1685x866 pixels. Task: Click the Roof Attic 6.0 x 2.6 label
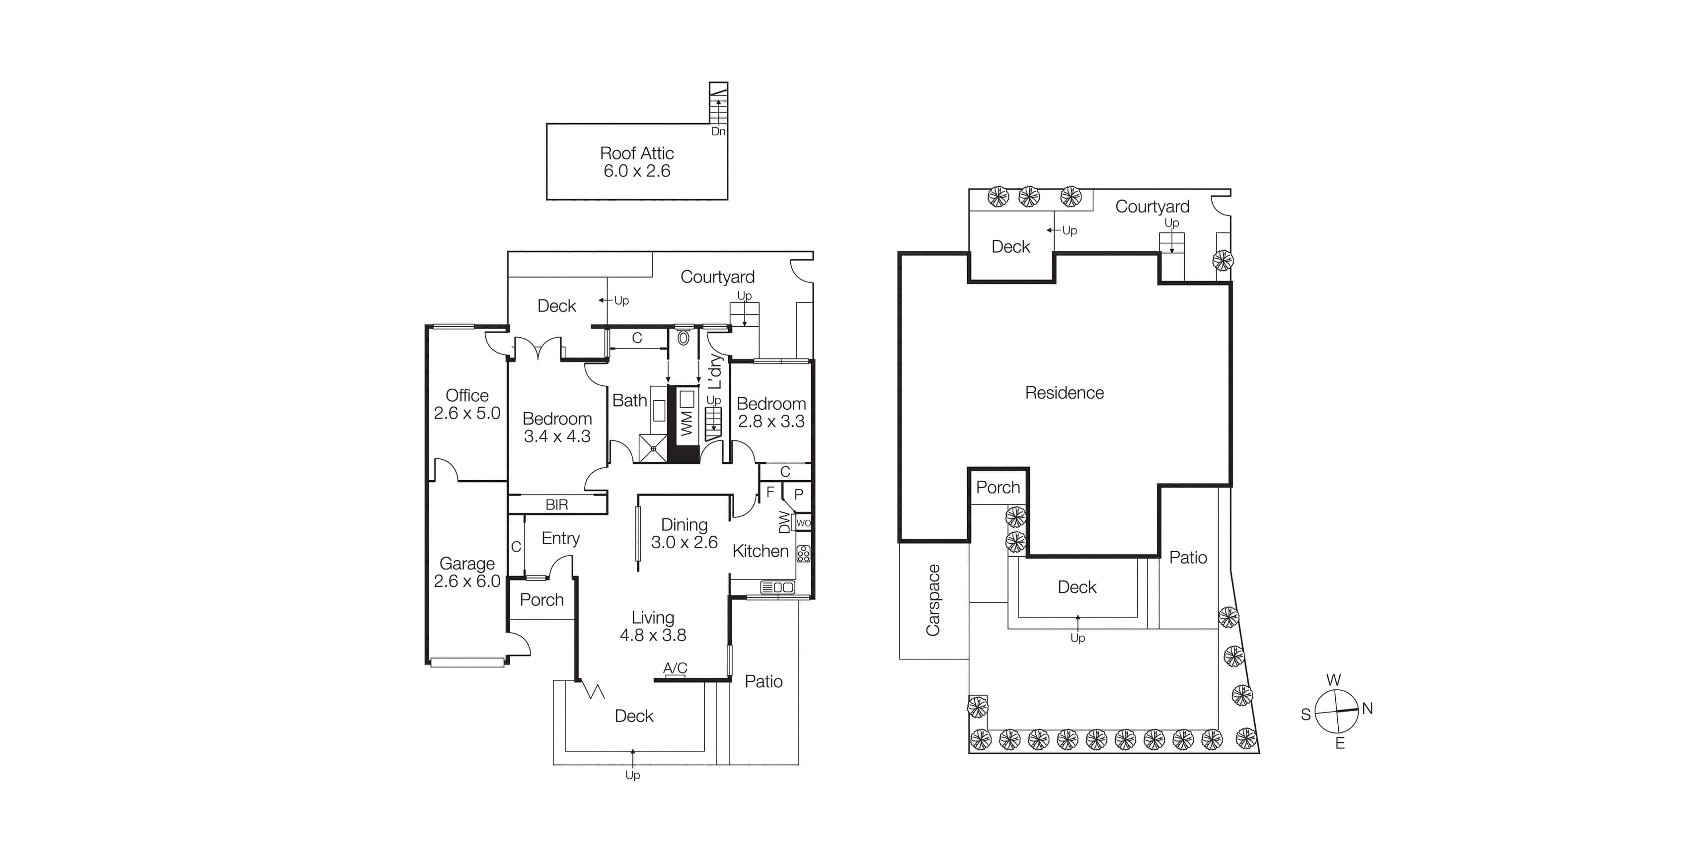[x=636, y=161]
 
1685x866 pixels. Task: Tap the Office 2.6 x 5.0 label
[x=466, y=404]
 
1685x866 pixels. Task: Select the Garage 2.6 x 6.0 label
[x=466, y=573]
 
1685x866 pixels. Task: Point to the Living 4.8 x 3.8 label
[x=652, y=626]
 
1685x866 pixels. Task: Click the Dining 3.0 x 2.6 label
[x=684, y=533]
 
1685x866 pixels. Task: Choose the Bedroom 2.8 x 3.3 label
[x=770, y=412]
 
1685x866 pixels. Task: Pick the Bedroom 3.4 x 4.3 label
[x=557, y=427]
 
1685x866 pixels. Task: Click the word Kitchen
[x=760, y=551]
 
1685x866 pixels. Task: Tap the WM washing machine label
[x=686, y=423]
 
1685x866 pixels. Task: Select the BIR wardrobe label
[x=557, y=505]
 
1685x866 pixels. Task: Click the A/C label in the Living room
[x=675, y=668]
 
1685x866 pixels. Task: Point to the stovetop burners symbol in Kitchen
[x=803, y=553]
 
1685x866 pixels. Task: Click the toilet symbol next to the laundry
[x=684, y=338]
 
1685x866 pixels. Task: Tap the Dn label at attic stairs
[x=718, y=132]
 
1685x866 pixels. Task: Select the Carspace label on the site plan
[x=933, y=600]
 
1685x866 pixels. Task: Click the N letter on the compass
[x=1367, y=709]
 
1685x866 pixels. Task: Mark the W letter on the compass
[x=1333, y=680]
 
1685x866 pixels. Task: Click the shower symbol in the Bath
[x=653, y=449]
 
